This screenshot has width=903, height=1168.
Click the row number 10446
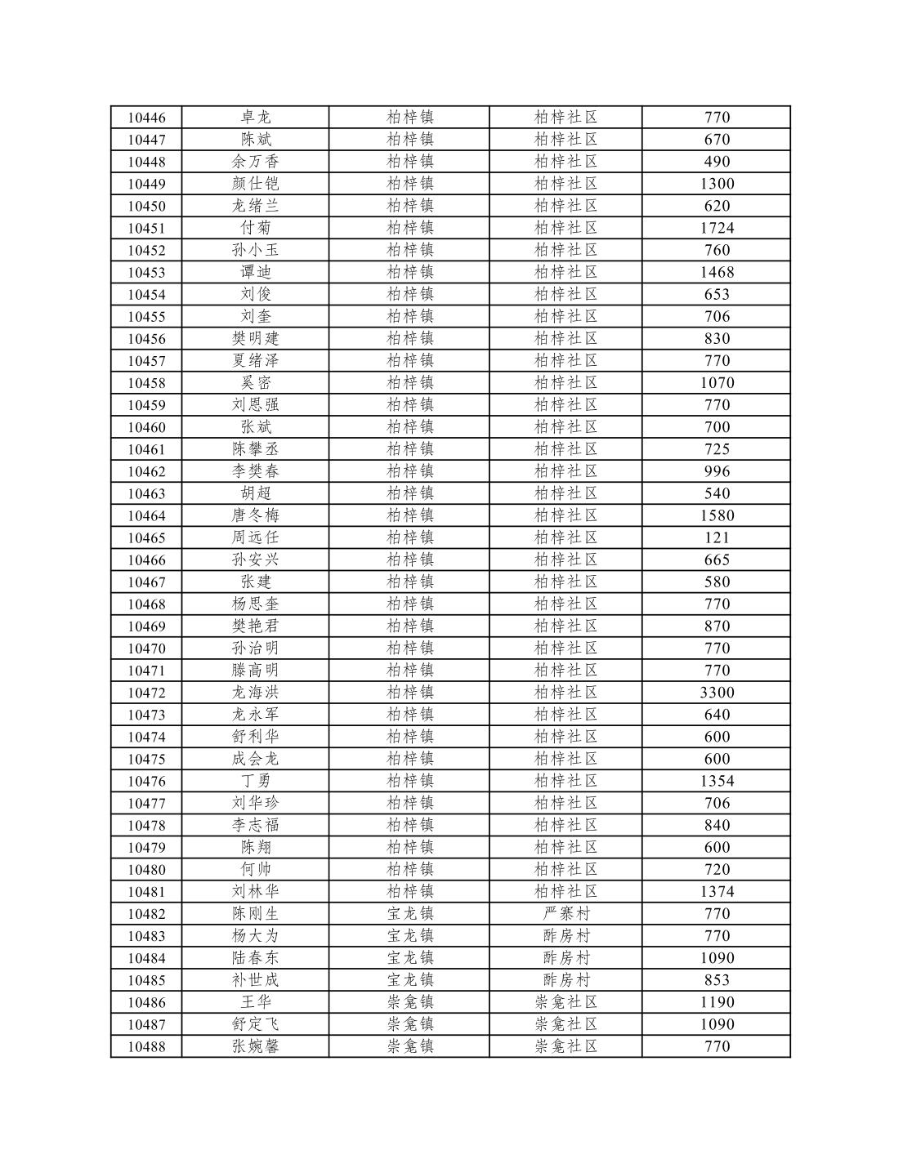point(146,118)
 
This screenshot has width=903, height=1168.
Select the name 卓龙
point(255,118)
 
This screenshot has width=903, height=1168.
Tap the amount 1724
point(717,228)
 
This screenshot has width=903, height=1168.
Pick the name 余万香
point(255,162)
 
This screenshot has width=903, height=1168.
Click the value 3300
point(717,693)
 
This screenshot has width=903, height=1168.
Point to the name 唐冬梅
point(255,515)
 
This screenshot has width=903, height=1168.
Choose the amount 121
point(717,537)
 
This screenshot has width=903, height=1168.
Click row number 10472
point(146,693)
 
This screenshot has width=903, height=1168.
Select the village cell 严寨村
point(565,914)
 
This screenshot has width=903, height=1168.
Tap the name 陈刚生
point(255,914)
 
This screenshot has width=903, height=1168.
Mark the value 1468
point(717,272)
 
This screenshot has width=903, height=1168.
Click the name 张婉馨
point(255,1046)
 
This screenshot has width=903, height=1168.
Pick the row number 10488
point(146,1046)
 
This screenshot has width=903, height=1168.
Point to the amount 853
point(717,980)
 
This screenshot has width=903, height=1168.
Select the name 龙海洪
point(255,693)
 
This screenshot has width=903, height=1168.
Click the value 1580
point(717,515)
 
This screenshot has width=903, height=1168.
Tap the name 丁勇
point(255,781)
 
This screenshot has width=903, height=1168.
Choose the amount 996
point(717,471)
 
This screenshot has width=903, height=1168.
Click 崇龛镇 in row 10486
point(409,1002)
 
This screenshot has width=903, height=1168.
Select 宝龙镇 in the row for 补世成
point(409,980)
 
